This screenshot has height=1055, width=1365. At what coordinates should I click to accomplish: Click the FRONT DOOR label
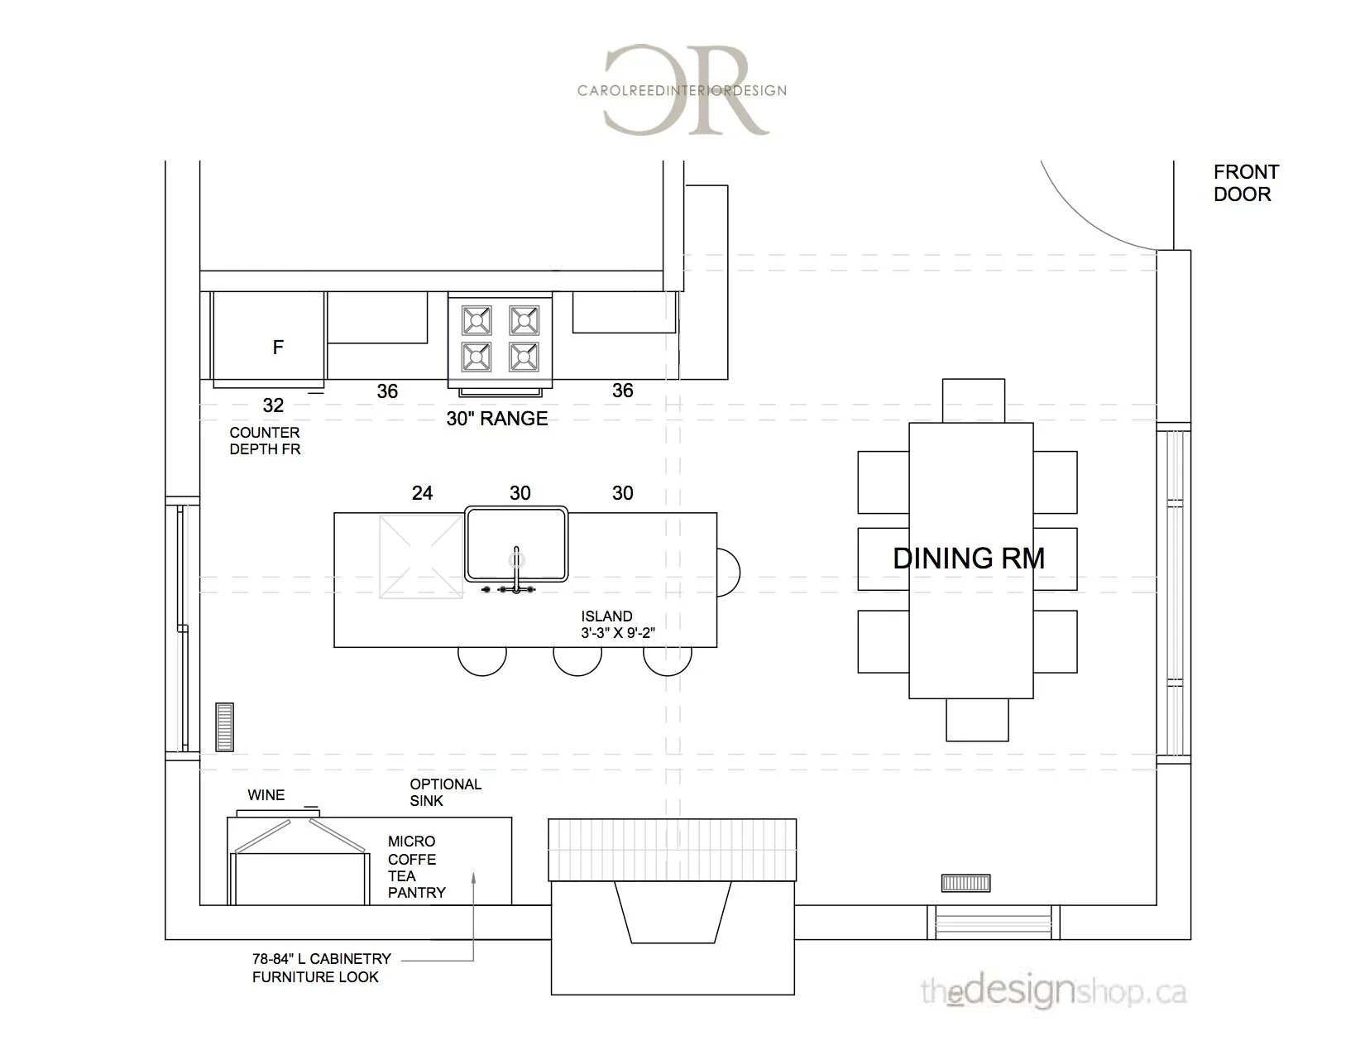[x=1245, y=183]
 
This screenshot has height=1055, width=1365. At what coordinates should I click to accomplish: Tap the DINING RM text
[x=969, y=559]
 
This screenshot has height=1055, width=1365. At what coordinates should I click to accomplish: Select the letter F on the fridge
[x=279, y=348]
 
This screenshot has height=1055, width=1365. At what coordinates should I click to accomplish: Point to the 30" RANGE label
[x=496, y=419]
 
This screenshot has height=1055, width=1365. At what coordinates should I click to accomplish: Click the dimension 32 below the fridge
[x=273, y=405]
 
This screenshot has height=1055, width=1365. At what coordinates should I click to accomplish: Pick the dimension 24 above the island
[x=422, y=493]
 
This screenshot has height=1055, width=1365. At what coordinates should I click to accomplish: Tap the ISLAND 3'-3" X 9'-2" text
[x=618, y=625]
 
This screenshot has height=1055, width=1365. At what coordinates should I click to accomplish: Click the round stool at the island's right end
[x=728, y=572]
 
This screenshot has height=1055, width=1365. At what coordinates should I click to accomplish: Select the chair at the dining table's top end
[x=974, y=400]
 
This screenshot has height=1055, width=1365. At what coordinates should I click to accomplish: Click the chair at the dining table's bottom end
[x=977, y=720]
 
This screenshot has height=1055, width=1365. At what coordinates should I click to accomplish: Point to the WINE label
[x=266, y=795]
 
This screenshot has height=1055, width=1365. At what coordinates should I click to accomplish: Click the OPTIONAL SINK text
[x=445, y=792]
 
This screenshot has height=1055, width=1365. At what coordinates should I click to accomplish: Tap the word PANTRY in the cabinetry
[x=416, y=893]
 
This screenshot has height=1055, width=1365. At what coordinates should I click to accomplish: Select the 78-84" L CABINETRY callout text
[x=321, y=967]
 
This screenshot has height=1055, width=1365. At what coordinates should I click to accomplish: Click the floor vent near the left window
[x=224, y=727]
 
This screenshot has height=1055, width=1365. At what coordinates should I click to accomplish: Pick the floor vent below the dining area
[x=965, y=883]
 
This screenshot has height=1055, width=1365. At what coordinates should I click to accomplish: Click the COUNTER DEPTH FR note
[x=265, y=441]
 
